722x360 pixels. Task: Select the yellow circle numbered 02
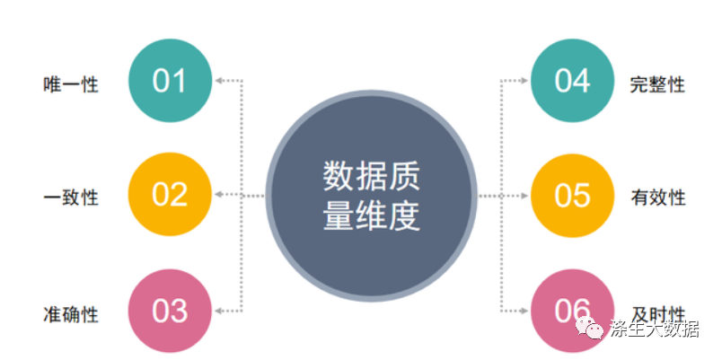170,195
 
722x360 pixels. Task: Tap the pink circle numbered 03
170,311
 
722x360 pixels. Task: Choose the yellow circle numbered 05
572,195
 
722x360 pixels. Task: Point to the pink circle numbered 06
572,311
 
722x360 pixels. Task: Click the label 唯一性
71,85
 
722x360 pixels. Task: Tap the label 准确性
71,314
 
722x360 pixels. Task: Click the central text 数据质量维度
371,196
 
